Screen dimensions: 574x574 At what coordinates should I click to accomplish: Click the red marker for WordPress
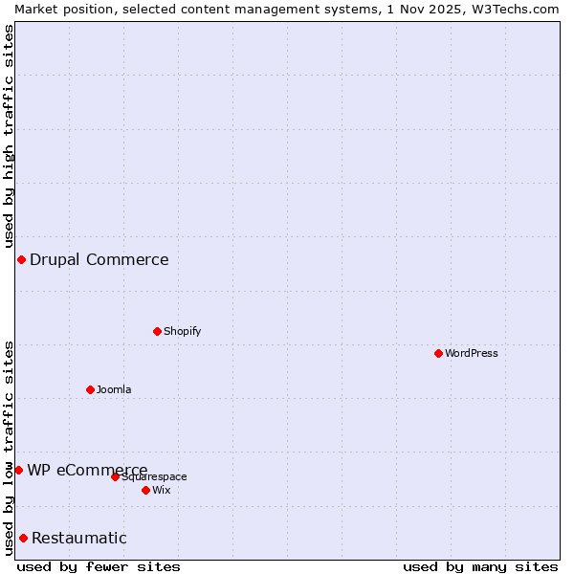coord(438,353)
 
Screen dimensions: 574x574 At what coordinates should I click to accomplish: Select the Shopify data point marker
coord(157,331)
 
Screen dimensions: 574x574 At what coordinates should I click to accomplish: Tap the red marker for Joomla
coord(90,389)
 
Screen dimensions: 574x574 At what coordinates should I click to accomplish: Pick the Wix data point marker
coord(145,490)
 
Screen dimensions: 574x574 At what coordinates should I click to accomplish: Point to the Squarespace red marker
coord(115,476)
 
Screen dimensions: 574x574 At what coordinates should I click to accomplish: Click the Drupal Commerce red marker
coord(21,259)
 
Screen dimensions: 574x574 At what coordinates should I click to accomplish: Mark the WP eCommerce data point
coord(18,470)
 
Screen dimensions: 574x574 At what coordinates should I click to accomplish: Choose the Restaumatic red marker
coord(23,538)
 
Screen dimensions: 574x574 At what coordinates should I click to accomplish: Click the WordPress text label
coord(472,353)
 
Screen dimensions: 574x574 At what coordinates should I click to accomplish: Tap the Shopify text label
coord(183,331)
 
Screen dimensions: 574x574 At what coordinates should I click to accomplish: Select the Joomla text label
coord(114,389)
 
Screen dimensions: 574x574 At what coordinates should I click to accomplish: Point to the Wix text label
coord(162,490)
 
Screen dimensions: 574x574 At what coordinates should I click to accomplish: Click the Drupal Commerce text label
coord(99,259)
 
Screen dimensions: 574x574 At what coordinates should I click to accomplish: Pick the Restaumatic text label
coord(79,538)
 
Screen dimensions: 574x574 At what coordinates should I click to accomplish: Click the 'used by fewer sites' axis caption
coord(99,566)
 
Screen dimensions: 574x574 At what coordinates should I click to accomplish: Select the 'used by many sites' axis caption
coord(480,566)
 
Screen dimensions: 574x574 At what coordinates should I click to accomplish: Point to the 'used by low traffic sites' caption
coord(9,448)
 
